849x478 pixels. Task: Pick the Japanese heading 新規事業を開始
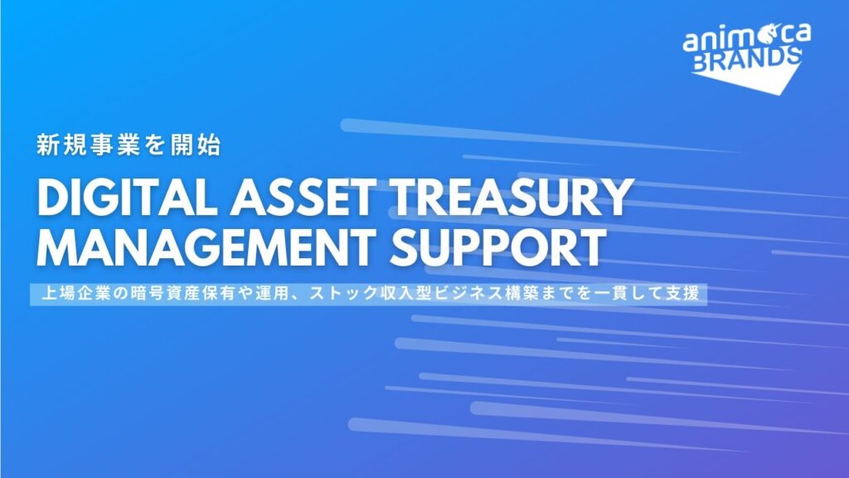[x=129, y=144]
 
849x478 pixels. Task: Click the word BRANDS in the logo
[x=747, y=59]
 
